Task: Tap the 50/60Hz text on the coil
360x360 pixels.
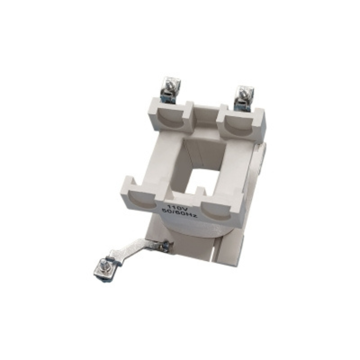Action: pyautogui.click(x=179, y=213)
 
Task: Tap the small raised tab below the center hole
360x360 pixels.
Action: pyautogui.click(x=200, y=192)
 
